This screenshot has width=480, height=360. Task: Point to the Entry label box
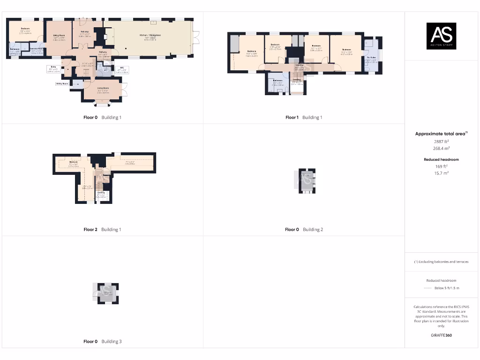pos(53,68)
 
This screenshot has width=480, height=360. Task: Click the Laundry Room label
pos(37,49)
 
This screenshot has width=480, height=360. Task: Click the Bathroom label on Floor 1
pos(278,81)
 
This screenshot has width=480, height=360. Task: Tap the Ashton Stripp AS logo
pos(441,36)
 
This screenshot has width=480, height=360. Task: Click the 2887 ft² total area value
pos(441,141)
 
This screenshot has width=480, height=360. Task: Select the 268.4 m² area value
pos(441,148)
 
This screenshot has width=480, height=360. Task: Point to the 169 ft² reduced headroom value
pos(441,166)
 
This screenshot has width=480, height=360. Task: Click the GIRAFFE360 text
pos(441,335)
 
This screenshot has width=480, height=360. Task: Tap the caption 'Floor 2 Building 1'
pos(102,230)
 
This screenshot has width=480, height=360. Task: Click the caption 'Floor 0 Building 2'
pos(304,230)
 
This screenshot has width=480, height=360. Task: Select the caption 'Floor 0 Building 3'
pos(102,342)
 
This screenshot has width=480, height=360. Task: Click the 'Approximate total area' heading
pos(441,134)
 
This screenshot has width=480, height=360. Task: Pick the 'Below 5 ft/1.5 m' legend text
pos(446,288)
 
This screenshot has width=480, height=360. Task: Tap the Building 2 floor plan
pos(307,181)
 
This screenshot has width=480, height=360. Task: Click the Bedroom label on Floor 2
pos(73,162)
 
